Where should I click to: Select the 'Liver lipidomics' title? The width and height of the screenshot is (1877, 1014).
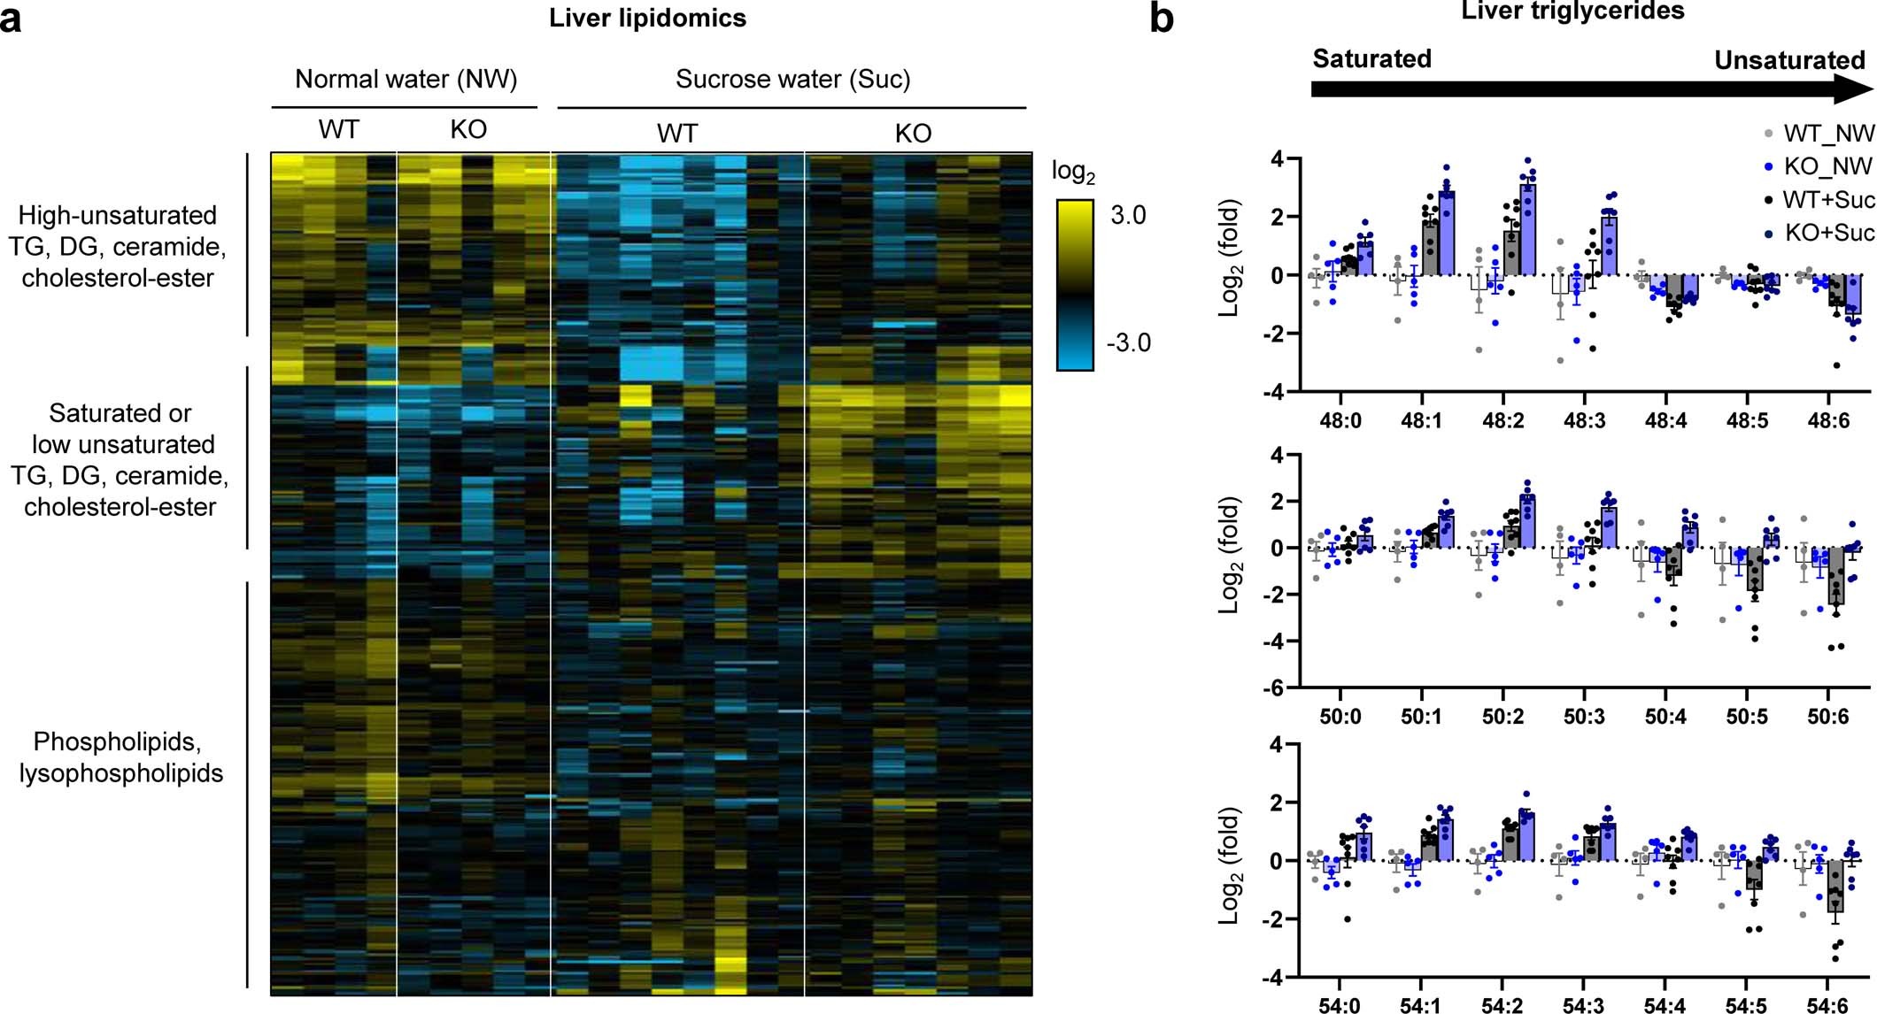point(647,18)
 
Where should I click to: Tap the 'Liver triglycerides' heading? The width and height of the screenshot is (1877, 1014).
point(1572,11)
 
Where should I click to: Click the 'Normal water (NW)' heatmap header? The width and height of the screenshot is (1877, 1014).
point(406,79)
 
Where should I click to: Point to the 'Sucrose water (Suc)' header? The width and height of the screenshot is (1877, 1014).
point(792,79)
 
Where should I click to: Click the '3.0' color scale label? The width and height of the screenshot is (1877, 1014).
point(1128,215)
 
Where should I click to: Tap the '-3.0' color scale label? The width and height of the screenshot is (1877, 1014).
point(1128,342)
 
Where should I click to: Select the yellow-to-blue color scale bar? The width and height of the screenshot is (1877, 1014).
point(1075,284)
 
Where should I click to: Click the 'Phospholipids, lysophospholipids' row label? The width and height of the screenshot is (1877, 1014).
point(121,757)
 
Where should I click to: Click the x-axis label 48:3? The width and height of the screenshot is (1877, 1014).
point(1584,420)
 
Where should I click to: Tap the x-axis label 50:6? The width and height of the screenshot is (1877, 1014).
point(1827,716)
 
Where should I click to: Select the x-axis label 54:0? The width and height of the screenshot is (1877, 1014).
point(1340,1005)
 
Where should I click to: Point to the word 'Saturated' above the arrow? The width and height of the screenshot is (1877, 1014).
point(1371,58)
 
